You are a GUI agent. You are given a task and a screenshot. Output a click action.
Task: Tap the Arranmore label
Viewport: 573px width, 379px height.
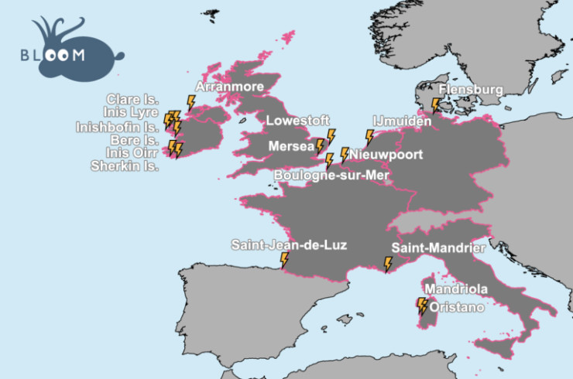[230, 87]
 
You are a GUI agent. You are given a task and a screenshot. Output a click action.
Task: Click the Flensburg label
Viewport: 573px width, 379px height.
[471, 90]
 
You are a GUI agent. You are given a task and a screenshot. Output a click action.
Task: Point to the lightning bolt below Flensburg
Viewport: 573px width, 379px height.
[436, 104]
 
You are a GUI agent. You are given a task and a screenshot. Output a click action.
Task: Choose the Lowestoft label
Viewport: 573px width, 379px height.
[297, 121]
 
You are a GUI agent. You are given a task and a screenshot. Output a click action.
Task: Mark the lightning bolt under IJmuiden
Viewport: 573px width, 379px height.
[369, 138]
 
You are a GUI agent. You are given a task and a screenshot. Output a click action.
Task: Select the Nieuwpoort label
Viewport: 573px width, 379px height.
[386, 155]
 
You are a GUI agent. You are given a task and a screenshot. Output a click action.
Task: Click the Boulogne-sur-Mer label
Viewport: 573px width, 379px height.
[331, 176]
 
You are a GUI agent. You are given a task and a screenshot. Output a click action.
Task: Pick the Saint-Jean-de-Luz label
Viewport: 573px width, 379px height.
[289, 245]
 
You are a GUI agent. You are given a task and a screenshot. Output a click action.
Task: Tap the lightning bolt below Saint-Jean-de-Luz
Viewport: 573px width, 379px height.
[284, 261]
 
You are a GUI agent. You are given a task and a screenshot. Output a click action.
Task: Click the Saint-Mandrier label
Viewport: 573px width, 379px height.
[438, 248]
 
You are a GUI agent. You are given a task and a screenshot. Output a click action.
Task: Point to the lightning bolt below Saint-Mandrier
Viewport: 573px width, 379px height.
[388, 265]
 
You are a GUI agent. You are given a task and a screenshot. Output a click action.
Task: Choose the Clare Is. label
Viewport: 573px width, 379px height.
[133, 100]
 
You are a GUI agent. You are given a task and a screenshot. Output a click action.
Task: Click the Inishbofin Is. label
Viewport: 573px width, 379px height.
[117, 126]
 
